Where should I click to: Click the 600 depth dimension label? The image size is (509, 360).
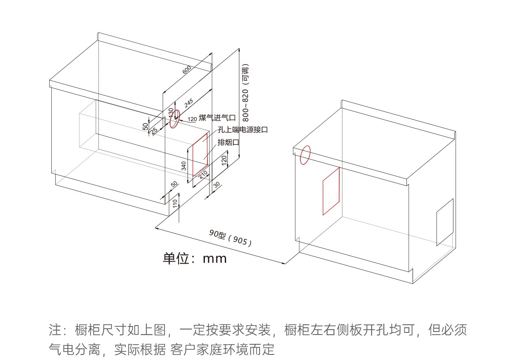[187, 70]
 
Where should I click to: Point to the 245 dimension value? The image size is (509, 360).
[188, 103]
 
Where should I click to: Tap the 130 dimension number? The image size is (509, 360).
[171, 113]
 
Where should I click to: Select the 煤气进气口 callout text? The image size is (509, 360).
[217, 118]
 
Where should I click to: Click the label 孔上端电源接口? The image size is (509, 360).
[243, 129]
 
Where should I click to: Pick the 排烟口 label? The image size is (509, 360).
[229, 142]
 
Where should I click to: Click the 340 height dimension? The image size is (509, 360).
[184, 166]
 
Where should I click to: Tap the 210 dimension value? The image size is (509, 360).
[203, 174]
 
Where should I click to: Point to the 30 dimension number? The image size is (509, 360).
[216, 185]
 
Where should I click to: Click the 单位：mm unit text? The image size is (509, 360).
[195, 258]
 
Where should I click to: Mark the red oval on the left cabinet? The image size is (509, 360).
[174, 120]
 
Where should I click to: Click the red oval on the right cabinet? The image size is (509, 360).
[305, 155]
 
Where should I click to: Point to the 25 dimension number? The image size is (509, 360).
[154, 130]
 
